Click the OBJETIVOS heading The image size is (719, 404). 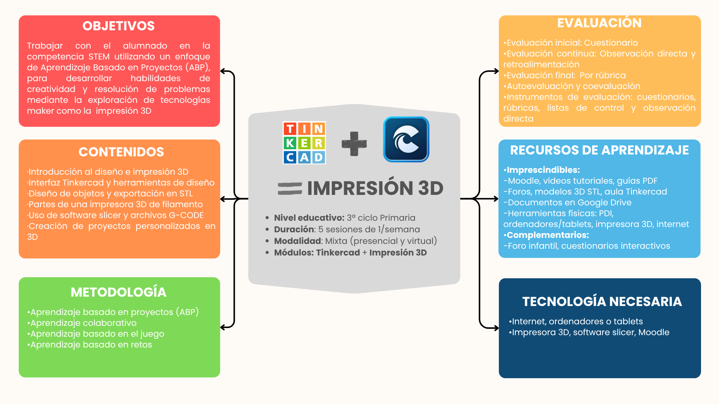(x=118, y=26)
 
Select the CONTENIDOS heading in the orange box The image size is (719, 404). (x=121, y=152)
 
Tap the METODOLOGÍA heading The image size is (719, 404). (x=118, y=292)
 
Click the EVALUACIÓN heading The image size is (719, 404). (x=599, y=23)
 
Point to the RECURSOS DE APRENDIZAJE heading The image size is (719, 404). (x=599, y=150)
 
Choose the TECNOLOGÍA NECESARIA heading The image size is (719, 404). (x=602, y=302)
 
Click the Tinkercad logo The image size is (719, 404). (x=304, y=143)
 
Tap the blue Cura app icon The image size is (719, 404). (x=406, y=139)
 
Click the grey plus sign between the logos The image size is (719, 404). (x=354, y=144)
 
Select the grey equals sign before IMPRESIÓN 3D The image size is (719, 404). (x=290, y=188)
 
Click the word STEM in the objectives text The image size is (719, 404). (x=99, y=56)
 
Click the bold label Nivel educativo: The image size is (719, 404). (x=309, y=218)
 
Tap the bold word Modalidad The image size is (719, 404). (x=298, y=241)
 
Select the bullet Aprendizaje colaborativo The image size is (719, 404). (x=83, y=323)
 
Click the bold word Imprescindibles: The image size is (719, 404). (x=543, y=170)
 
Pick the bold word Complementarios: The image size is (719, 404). (x=547, y=235)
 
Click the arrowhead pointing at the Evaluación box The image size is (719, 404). (x=496, y=71)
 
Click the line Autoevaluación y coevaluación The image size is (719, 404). (x=573, y=86)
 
